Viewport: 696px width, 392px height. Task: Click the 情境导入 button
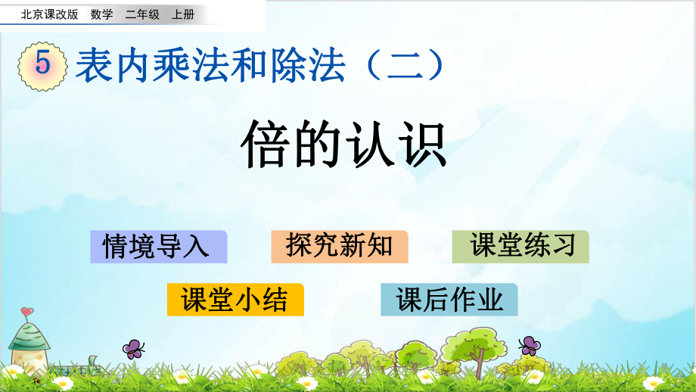point(158,247)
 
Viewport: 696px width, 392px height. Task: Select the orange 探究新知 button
point(339,247)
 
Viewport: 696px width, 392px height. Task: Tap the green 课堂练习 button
point(520,247)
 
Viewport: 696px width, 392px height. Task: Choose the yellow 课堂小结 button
point(235,300)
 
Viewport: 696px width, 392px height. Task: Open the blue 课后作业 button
point(449,300)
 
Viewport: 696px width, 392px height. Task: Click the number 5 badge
point(42,65)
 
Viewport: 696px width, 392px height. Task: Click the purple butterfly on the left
point(134,348)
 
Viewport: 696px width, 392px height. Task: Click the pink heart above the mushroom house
point(27,311)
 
